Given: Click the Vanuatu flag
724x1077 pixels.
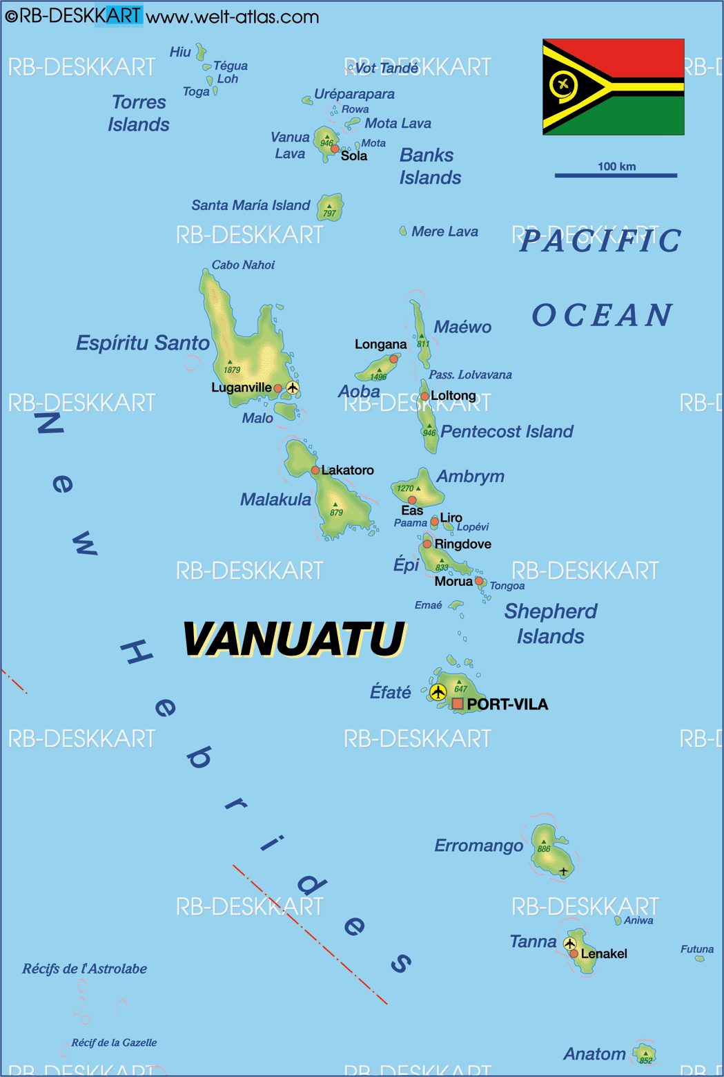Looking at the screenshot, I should (613, 86).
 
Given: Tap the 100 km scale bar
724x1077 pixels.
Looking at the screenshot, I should (616, 175).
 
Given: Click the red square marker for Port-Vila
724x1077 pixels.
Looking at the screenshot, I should (458, 704).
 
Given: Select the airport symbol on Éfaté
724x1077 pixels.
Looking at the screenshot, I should (438, 692).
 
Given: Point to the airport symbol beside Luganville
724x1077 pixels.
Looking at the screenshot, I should (293, 388).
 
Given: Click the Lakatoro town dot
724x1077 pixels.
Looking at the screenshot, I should (315, 470).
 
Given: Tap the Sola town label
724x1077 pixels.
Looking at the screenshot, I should (354, 156).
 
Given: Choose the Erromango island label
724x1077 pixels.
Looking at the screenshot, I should (478, 846).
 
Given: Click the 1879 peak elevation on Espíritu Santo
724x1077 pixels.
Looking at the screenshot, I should (232, 370).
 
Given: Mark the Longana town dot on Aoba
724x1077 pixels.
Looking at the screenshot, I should (393, 359).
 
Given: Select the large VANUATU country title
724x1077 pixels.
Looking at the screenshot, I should (293, 639).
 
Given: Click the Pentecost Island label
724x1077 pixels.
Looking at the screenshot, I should (507, 432).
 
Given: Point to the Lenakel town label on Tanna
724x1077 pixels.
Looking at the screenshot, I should (604, 954).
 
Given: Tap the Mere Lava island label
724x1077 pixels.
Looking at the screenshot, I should (444, 232).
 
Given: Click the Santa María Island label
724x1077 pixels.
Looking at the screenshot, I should (251, 205).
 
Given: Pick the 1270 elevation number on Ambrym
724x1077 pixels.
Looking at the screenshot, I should (405, 488).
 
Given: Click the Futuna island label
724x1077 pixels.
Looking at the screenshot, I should (697, 949).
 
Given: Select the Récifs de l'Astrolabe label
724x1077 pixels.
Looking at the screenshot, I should (84, 969).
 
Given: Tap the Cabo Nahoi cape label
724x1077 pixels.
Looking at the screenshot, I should (243, 265).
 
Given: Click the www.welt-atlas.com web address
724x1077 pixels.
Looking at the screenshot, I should (233, 17).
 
